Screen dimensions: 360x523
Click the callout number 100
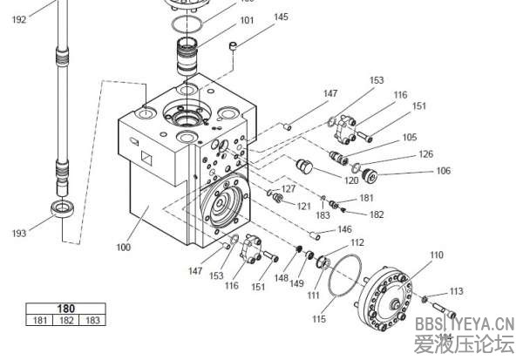click(124, 248)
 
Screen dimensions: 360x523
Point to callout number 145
click(281, 17)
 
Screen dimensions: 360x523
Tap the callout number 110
click(437, 255)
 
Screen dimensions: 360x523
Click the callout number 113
click(457, 291)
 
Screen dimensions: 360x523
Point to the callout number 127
click(289, 189)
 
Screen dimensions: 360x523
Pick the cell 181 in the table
click(38, 321)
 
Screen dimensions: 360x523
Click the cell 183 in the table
click(91, 321)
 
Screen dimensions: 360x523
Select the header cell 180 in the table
click(65, 309)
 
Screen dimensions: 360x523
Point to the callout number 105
click(409, 138)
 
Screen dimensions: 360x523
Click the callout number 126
click(425, 154)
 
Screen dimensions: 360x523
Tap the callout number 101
click(223, 19)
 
